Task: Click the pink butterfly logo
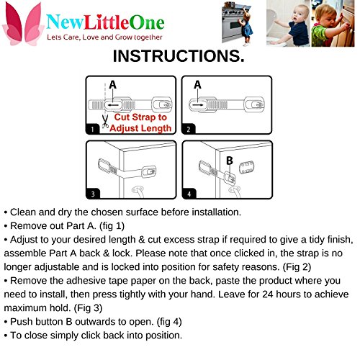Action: click(x=22, y=24)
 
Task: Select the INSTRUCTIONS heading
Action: click(x=179, y=56)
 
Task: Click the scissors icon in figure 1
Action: click(x=105, y=122)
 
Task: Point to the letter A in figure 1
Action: click(x=112, y=85)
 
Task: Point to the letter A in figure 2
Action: click(x=197, y=85)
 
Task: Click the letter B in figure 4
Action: click(x=230, y=161)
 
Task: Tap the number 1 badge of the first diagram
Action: click(x=92, y=130)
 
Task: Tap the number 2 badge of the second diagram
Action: click(x=189, y=130)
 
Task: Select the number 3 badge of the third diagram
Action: click(x=93, y=194)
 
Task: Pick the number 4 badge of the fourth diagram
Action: click(x=189, y=194)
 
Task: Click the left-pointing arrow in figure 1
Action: click(x=113, y=105)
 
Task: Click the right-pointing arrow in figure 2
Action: click(x=198, y=105)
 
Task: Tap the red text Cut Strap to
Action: click(x=140, y=117)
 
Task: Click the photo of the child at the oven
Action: click(x=237, y=23)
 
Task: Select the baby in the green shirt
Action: click(x=333, y=24)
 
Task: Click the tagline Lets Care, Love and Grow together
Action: click(x=104, y=37)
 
